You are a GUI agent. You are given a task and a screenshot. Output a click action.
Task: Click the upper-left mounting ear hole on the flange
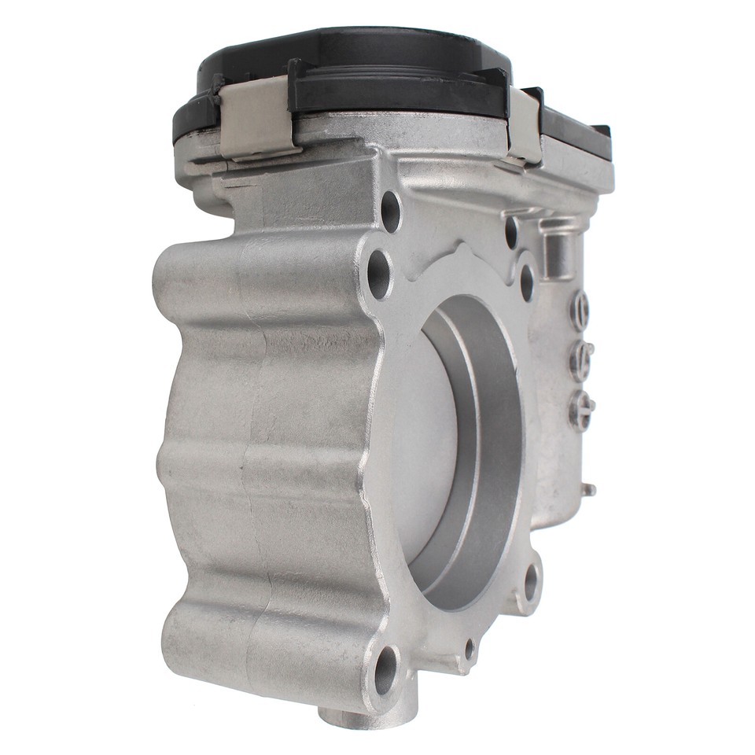379,274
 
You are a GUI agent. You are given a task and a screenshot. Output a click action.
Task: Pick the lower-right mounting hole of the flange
531,582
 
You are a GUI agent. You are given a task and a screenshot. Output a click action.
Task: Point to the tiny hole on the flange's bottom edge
470,649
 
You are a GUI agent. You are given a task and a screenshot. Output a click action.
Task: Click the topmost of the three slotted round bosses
580,310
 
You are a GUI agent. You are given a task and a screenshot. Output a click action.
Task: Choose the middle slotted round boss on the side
581,360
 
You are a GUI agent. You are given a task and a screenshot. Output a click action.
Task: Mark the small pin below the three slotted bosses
587,489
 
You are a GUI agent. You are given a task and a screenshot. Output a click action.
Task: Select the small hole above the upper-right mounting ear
511,231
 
